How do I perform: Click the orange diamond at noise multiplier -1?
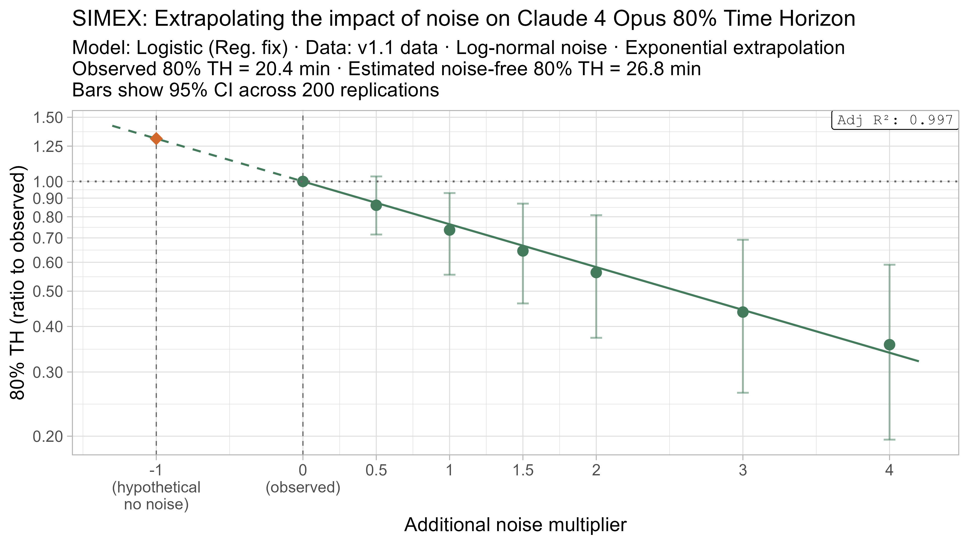point(156,139)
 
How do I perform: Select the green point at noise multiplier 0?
point(303,181)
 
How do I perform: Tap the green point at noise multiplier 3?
point(743,312)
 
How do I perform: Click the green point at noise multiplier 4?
point(889,344)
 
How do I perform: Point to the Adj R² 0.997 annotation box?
point(895,120)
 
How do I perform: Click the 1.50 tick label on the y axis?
point(47,118)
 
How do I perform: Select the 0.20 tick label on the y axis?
point(47,437)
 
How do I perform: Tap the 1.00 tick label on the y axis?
point(47,182)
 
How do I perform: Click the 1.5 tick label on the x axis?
point(523,471)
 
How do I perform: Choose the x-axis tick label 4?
point(889,471)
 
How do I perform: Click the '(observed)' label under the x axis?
point(303,487)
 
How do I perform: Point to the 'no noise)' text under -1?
point(156,504)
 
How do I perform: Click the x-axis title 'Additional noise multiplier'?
point(515,525)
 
